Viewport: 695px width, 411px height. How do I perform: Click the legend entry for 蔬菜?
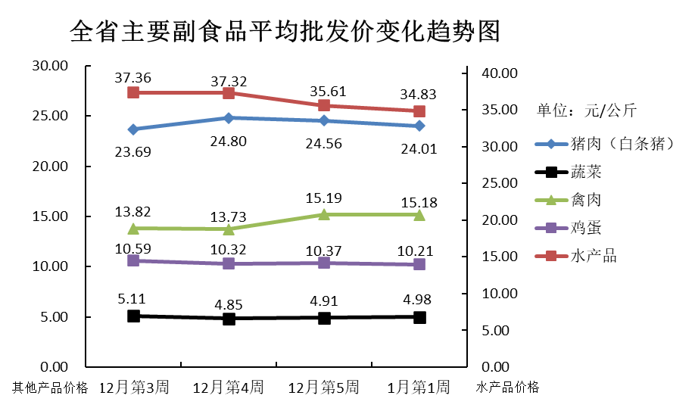click(585, 172)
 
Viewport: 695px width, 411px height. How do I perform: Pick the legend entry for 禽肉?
click(585, 200)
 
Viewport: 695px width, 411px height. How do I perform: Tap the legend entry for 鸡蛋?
click(585, 228)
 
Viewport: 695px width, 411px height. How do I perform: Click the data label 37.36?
click(133, 77)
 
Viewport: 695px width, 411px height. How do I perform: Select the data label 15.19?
click(324, 198)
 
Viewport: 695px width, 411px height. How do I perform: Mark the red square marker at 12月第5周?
click(324, 105)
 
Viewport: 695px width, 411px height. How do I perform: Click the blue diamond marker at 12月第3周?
click(133, 129)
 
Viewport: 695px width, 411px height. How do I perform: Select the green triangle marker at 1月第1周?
click(419, 214)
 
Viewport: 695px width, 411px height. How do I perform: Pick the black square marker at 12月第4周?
click(229, 319)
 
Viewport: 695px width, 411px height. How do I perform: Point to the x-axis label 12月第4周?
click(229, 388)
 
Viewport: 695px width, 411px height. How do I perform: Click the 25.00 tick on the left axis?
click(50, 116)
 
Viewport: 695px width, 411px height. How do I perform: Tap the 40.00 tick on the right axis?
click(499, 73)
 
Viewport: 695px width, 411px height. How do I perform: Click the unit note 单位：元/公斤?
click(587, 111)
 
